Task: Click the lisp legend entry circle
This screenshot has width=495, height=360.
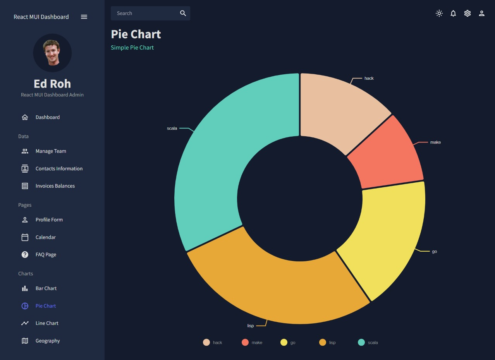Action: pyautogui.click(x=323, y=342)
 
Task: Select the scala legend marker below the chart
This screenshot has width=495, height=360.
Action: pyautogui.click(x=361, y=342)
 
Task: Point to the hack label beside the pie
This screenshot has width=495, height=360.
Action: pyautogui.click(x=369, y=78)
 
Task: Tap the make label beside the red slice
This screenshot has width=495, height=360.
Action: pyautogui.click(x=435, y=142)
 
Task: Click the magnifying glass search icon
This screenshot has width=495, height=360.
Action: pyautogui.click(x=183, y=13)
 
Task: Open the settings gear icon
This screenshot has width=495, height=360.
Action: pyautogui.click(x=467, y=13)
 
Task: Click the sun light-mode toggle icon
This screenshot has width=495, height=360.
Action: pyautogui.click(x=439, y=13)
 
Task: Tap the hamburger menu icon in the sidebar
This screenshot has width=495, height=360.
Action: pyautogui.click(x=84, y=17)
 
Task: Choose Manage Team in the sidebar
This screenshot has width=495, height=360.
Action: pyautogui.click(x=51, y=151)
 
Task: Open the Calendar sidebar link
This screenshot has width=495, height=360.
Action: pyautogui.click(x=46, y=237)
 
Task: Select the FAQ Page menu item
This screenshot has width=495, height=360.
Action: pyautogui.click(x=46, y=254)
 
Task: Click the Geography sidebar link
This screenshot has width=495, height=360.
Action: pyautogui.click(x=48, y=341)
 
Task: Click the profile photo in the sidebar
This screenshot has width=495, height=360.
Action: pyautogui.click(x=52, y=53)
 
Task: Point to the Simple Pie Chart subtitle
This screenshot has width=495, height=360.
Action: pyautogui.click(x=132, y=47)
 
